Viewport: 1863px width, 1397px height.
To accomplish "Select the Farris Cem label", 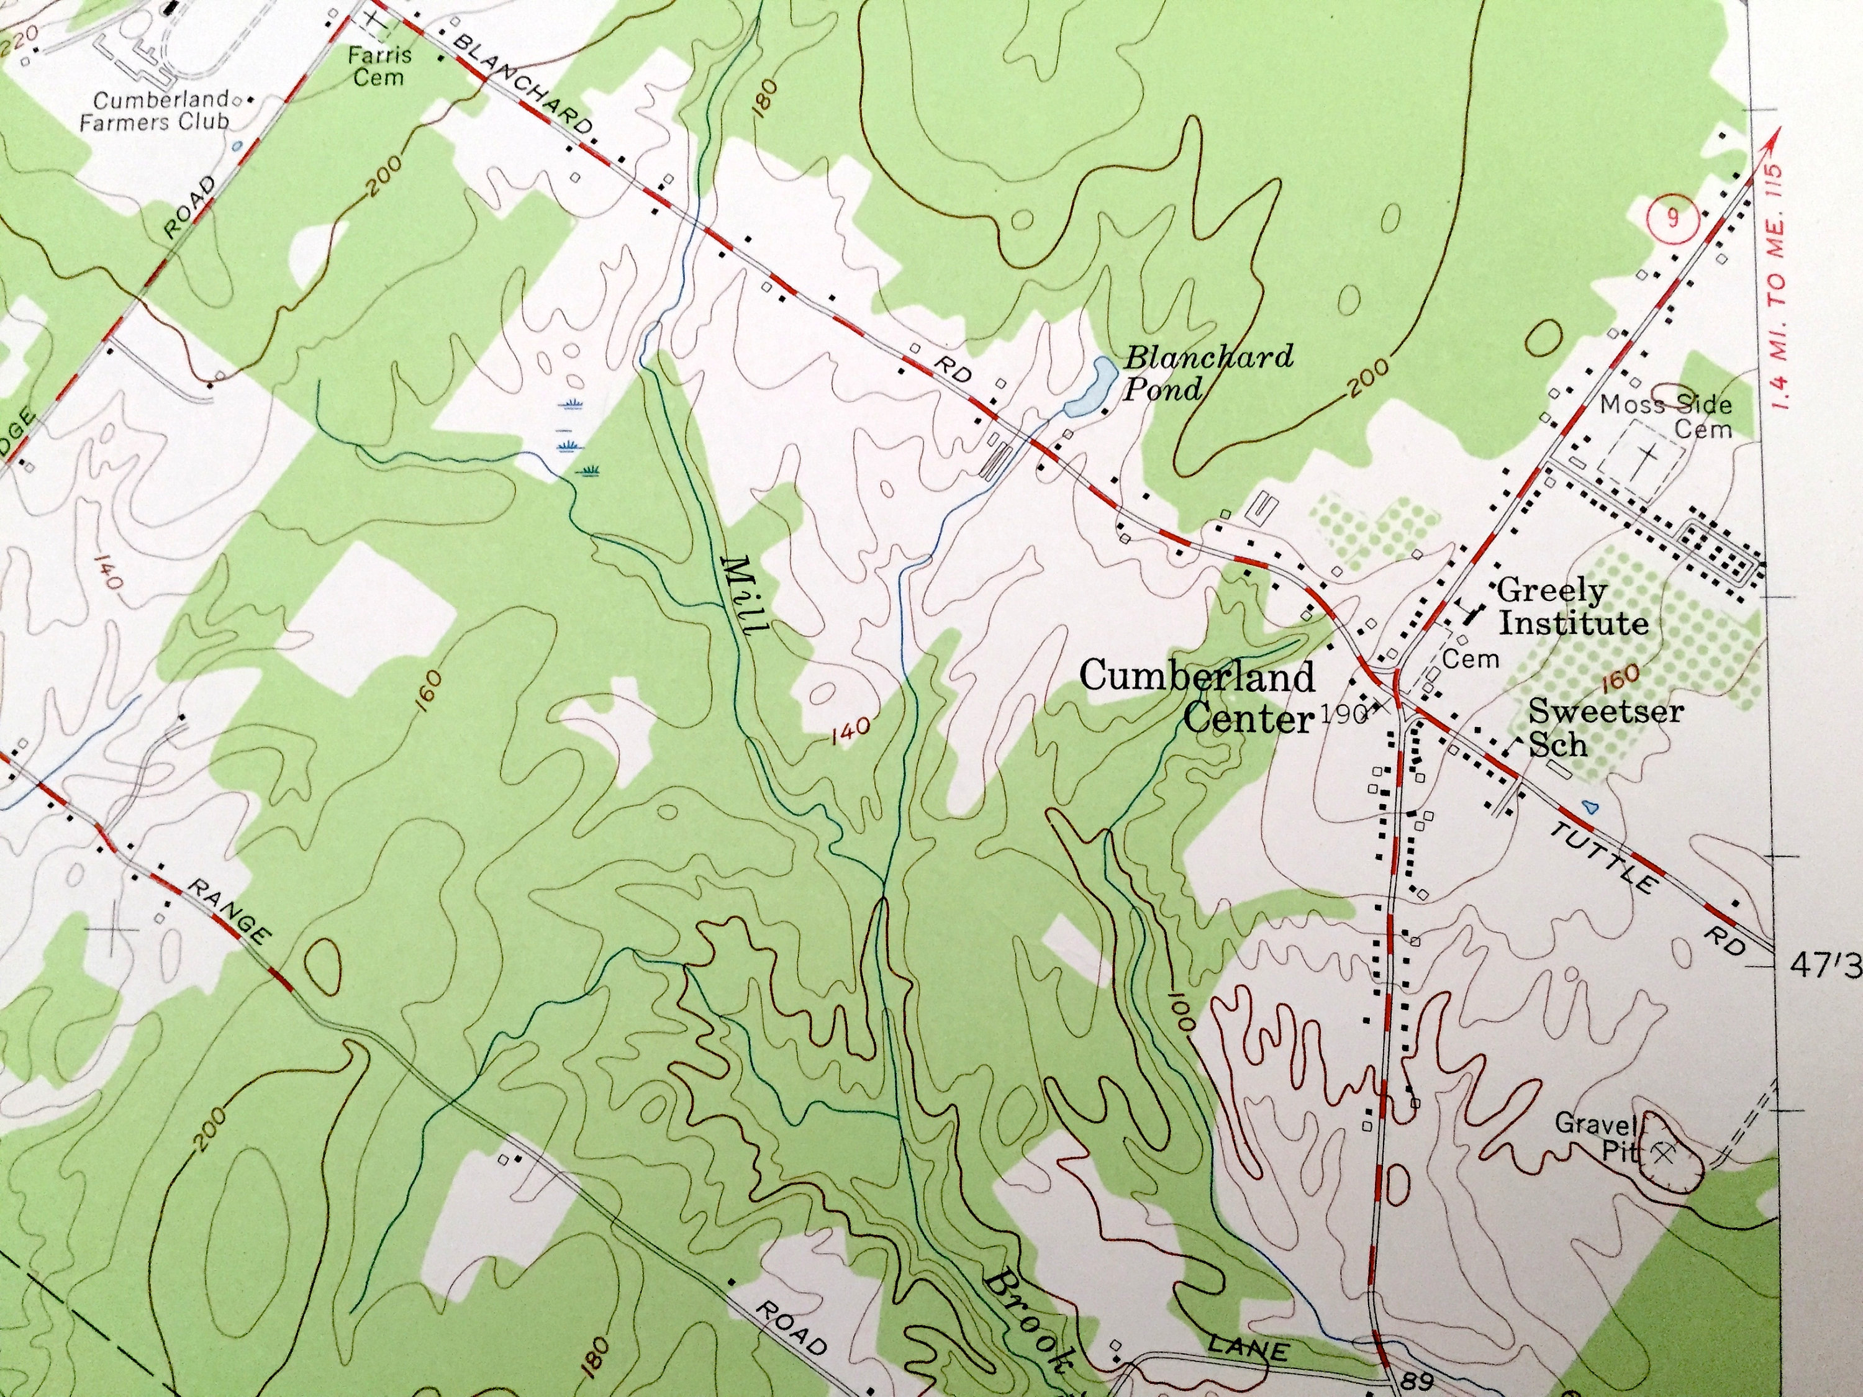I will pyautogui.click(x=381, y=66).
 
